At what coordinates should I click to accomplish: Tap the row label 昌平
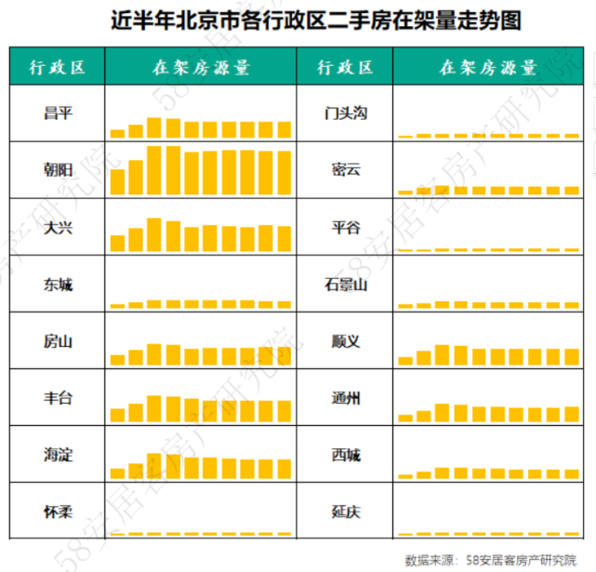58,113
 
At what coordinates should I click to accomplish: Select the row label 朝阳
58,170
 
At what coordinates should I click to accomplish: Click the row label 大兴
58,227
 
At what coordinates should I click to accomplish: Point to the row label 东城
58,284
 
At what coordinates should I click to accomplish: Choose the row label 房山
58,341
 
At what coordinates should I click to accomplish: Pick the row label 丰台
58,398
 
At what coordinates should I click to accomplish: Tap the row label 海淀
58,455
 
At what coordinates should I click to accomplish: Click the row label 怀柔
58,512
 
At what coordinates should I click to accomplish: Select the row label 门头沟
346,113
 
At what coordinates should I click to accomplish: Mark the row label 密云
346,170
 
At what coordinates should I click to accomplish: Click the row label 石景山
346,284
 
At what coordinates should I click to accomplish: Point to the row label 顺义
346,341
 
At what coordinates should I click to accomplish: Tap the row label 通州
346,398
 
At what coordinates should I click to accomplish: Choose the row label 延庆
346,512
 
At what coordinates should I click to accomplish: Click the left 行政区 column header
58,67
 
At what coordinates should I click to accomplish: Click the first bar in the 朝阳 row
117,181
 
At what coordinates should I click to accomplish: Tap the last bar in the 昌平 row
284,129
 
